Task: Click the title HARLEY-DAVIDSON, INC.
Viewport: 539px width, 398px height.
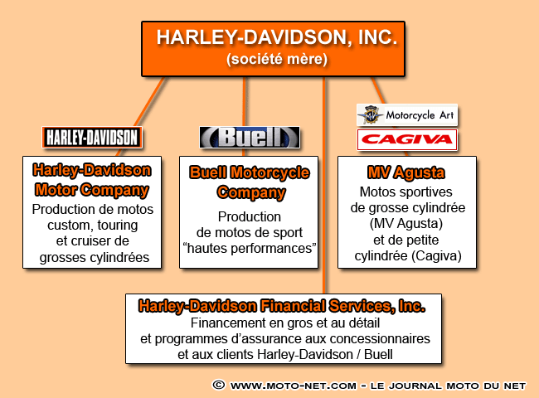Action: click(277, 37)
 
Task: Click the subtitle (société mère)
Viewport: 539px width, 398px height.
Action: click(277, 60)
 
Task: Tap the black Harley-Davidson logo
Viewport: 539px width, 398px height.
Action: click(91, 137)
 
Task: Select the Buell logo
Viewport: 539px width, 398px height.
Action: click(249, 137)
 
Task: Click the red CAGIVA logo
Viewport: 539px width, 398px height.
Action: click(406, 139)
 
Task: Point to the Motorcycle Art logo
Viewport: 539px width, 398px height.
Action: click(406, 114)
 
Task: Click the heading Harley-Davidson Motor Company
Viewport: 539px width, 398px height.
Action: click(91, 179)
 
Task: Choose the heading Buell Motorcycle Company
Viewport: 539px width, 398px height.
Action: click(249, 182)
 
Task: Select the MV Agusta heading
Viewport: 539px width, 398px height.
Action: click(406, 173)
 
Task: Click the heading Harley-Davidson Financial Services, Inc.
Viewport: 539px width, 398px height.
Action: click(282, 306)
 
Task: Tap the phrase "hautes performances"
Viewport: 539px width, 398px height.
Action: click(249, 248)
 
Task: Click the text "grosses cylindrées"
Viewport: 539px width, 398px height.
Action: click(91, 257)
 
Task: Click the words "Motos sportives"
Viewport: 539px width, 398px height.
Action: click(406, 192)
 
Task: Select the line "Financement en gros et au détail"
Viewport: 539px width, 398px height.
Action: click(283, 323)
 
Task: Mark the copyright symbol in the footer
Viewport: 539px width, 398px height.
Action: click(219, 386)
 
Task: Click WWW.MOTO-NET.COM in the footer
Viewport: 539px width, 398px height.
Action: click(294, 386)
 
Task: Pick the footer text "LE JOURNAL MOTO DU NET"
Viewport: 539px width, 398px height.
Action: click(448, 386)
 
